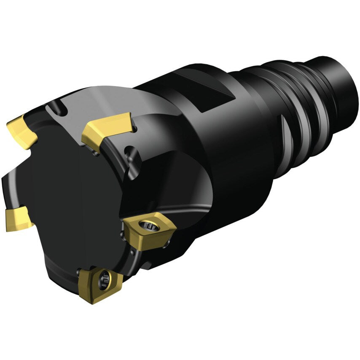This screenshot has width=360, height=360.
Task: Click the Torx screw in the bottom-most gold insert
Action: tap(104, 278)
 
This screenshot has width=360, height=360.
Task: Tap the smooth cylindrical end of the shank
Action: tap(337, 80)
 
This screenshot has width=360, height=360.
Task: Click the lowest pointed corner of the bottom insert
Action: tap(89, 300)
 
